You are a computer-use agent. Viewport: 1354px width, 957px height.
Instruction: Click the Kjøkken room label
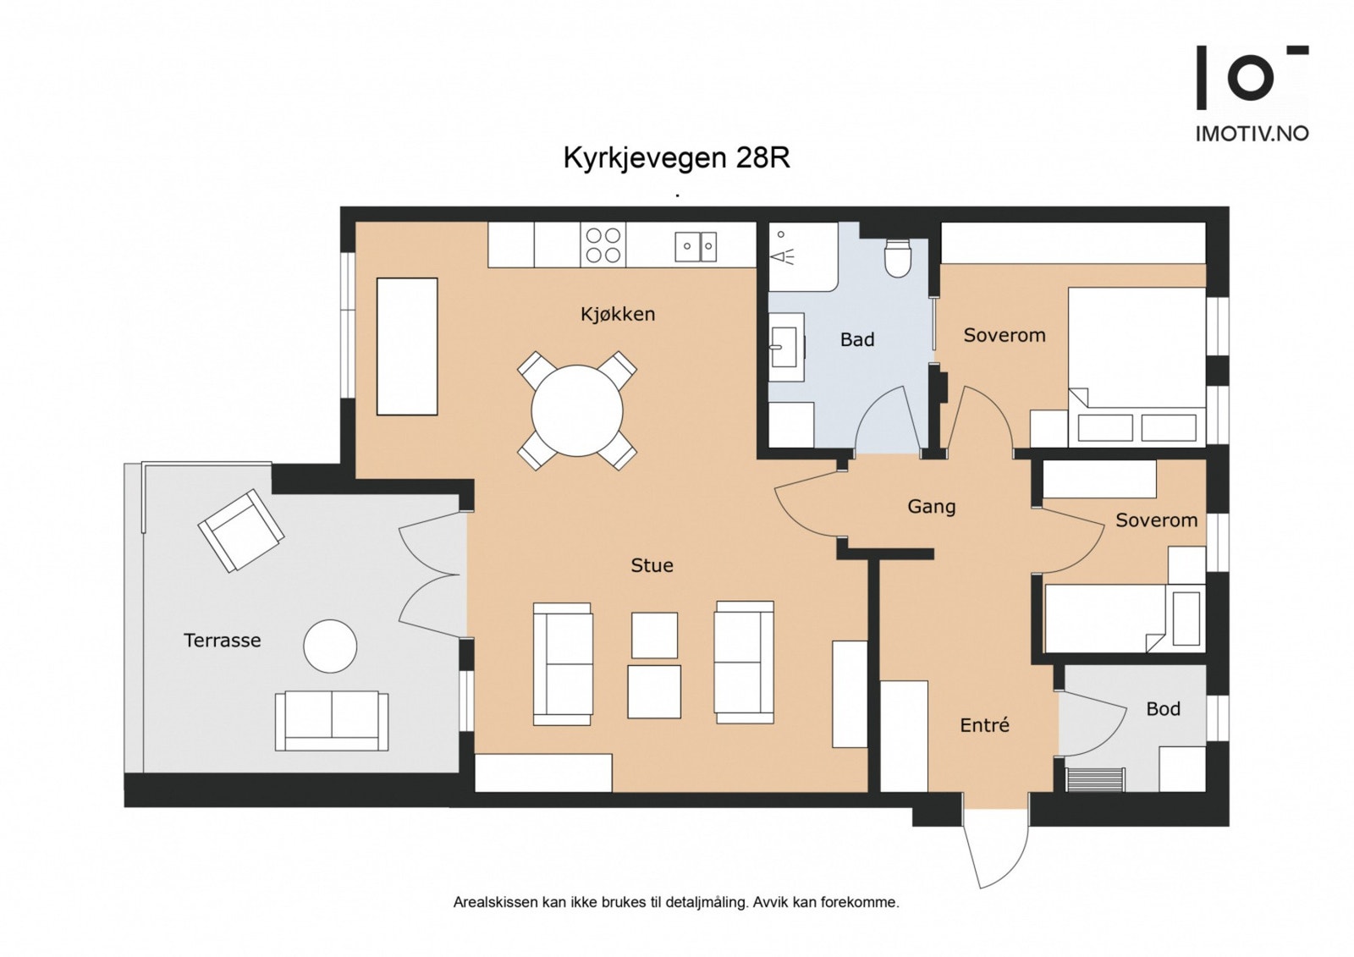(x=618, y=314)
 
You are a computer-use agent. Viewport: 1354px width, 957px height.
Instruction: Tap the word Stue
(x=652, y=565)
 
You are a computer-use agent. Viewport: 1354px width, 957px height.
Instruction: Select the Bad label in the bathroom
(x=856, y=339)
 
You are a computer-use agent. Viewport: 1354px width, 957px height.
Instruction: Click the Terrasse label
(x=222, y=641)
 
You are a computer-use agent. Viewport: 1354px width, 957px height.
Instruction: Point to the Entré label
(x=984, y=725)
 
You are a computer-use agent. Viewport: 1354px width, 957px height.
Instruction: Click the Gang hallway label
(x=931, y=506)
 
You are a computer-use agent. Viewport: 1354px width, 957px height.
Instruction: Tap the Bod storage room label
(x=1163, y=709)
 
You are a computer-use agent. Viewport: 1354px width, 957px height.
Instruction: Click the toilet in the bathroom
(x=897, y=258)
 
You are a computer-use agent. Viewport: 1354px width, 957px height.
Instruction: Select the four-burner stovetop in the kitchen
(x=603, y=245)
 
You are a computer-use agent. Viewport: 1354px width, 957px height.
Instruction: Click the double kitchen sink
(x=696, y=246)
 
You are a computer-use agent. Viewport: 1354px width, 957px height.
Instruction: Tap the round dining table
(x=577, y=411)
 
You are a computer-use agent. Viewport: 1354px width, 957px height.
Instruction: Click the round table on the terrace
(x=330, y=646)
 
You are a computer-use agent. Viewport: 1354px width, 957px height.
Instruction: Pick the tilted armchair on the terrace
(x=240, y=530)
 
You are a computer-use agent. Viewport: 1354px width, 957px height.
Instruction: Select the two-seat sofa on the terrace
(x=332, y=720)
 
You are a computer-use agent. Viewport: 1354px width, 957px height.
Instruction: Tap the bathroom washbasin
(x=784, y=346)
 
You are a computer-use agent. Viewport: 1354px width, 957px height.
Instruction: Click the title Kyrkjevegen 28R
(x=676, y=158)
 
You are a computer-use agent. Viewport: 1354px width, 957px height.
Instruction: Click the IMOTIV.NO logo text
(x=1251, y=134)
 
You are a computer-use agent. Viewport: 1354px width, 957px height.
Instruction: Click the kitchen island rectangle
(x=407, y=346)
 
